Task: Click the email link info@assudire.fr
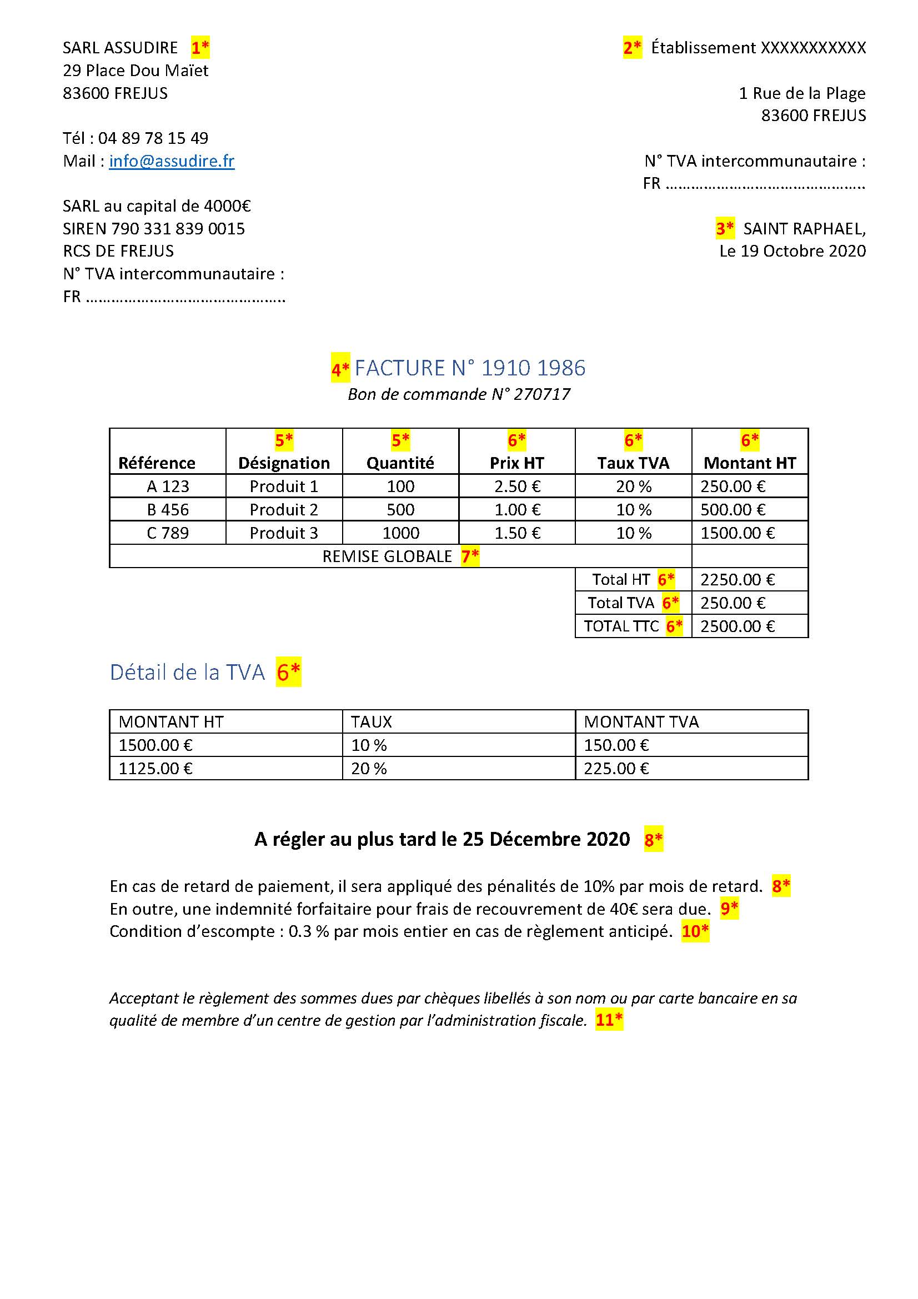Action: [172, 161]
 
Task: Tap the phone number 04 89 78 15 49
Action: [153, 138]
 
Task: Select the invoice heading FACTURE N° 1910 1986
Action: [469, 368]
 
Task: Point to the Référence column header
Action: [157, 463]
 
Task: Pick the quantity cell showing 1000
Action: [400, 533]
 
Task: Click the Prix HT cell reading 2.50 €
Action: [517, 487]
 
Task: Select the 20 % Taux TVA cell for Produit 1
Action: [634, 487]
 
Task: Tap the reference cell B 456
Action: [167, 510]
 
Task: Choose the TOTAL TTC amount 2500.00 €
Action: [737, 626]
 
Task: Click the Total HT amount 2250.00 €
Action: [737, 580]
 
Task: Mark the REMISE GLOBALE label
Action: [387, 556]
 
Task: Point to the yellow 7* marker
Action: [470, 556]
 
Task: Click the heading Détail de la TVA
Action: [187, 672]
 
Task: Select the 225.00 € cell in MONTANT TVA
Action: [616, 768]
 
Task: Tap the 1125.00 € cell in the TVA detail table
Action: [155, 768]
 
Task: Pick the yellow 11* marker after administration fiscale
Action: [609, 1020]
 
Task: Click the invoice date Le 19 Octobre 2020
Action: [792, 251]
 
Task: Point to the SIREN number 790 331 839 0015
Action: [178, 229]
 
